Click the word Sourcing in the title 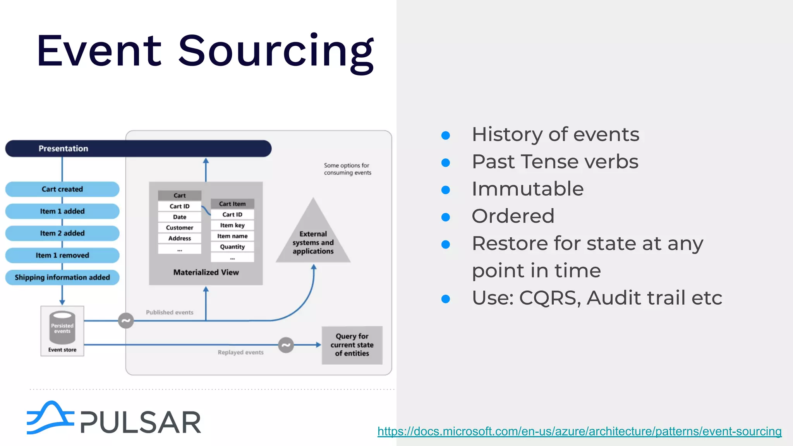tap(276, 51)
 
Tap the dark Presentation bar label tap(64, 149)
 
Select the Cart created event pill tap(62, 189)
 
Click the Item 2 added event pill tap(62, 233)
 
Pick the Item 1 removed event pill tap(62, 256)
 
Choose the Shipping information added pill tap(62, 278)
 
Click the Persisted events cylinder tap(62, 328)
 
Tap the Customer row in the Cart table tap(180, 228)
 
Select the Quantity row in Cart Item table tap(232, 247)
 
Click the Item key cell tap(232, 225)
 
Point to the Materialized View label tap(206, 273)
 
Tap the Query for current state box tap(352, 345)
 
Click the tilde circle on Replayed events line tap(286, 345)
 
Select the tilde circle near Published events tap(126, 321)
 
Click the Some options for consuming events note tap(347, 169)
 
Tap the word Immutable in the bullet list tap(527, 189)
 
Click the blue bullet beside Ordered tap(446, 217)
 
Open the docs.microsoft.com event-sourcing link tap(579, 431)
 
